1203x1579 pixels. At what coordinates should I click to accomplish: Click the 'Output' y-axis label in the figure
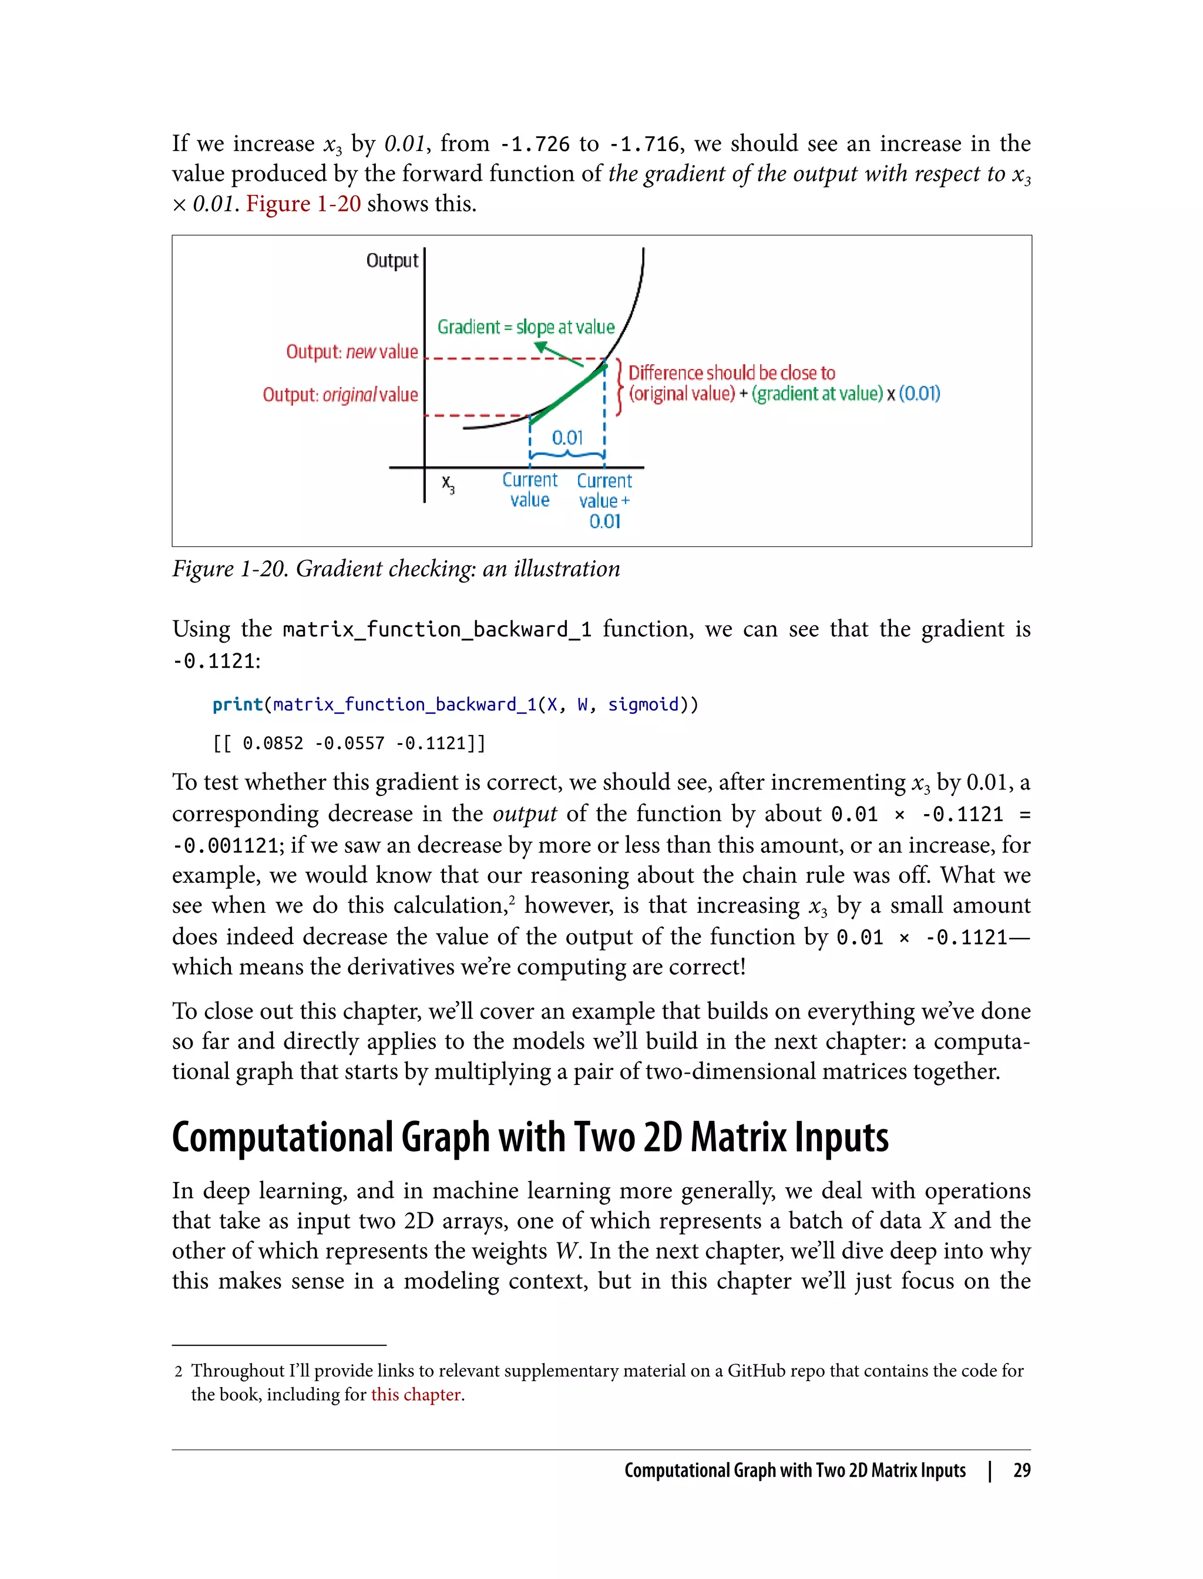pos(392,261)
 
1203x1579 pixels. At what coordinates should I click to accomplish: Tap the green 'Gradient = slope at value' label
pos(526,327)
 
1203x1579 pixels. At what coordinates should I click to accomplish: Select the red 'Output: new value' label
pos(352,352)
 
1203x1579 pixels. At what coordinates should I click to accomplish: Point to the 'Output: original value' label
pos(340,395)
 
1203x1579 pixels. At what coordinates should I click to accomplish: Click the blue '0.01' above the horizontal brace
pos(567,438)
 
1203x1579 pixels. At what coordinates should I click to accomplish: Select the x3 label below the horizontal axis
pos(448,484)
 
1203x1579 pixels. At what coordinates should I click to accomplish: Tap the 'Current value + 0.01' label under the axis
pos(604,500)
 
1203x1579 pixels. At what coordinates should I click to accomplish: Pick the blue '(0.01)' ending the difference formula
pos(919,394)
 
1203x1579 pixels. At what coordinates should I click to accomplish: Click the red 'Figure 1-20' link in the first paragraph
pos(303,204)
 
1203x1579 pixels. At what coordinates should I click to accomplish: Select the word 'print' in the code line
pos(238,705)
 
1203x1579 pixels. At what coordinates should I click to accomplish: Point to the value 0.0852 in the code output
pos(273,743)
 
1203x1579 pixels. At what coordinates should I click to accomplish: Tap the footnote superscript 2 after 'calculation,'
pos(512,899)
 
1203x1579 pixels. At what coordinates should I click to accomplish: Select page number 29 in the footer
pos(1022,1470)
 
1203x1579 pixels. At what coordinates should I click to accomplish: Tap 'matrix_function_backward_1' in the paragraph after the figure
pos(437,630)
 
